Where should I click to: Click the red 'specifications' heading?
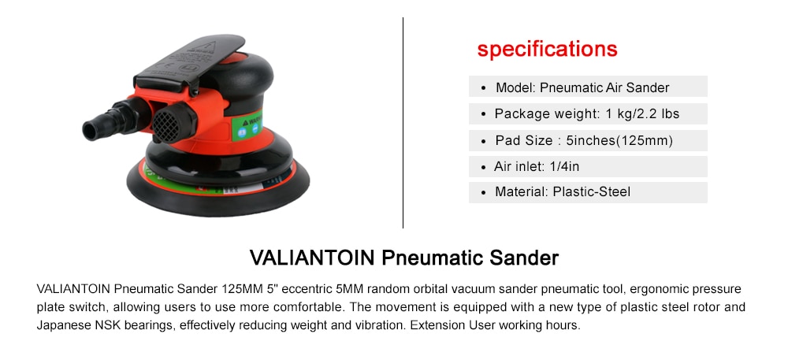click(548, 50)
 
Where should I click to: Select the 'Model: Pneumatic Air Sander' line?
click(582, 88)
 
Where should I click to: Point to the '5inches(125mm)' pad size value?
click(619, 140)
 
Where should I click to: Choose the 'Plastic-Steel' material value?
click(592, 191)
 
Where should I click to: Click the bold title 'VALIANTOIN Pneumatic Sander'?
click(404, 258)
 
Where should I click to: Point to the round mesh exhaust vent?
click(166, 125)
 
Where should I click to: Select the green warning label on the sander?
click(247, 125)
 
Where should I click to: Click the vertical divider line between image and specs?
click(403, 123)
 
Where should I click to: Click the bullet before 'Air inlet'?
click(483, 167)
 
